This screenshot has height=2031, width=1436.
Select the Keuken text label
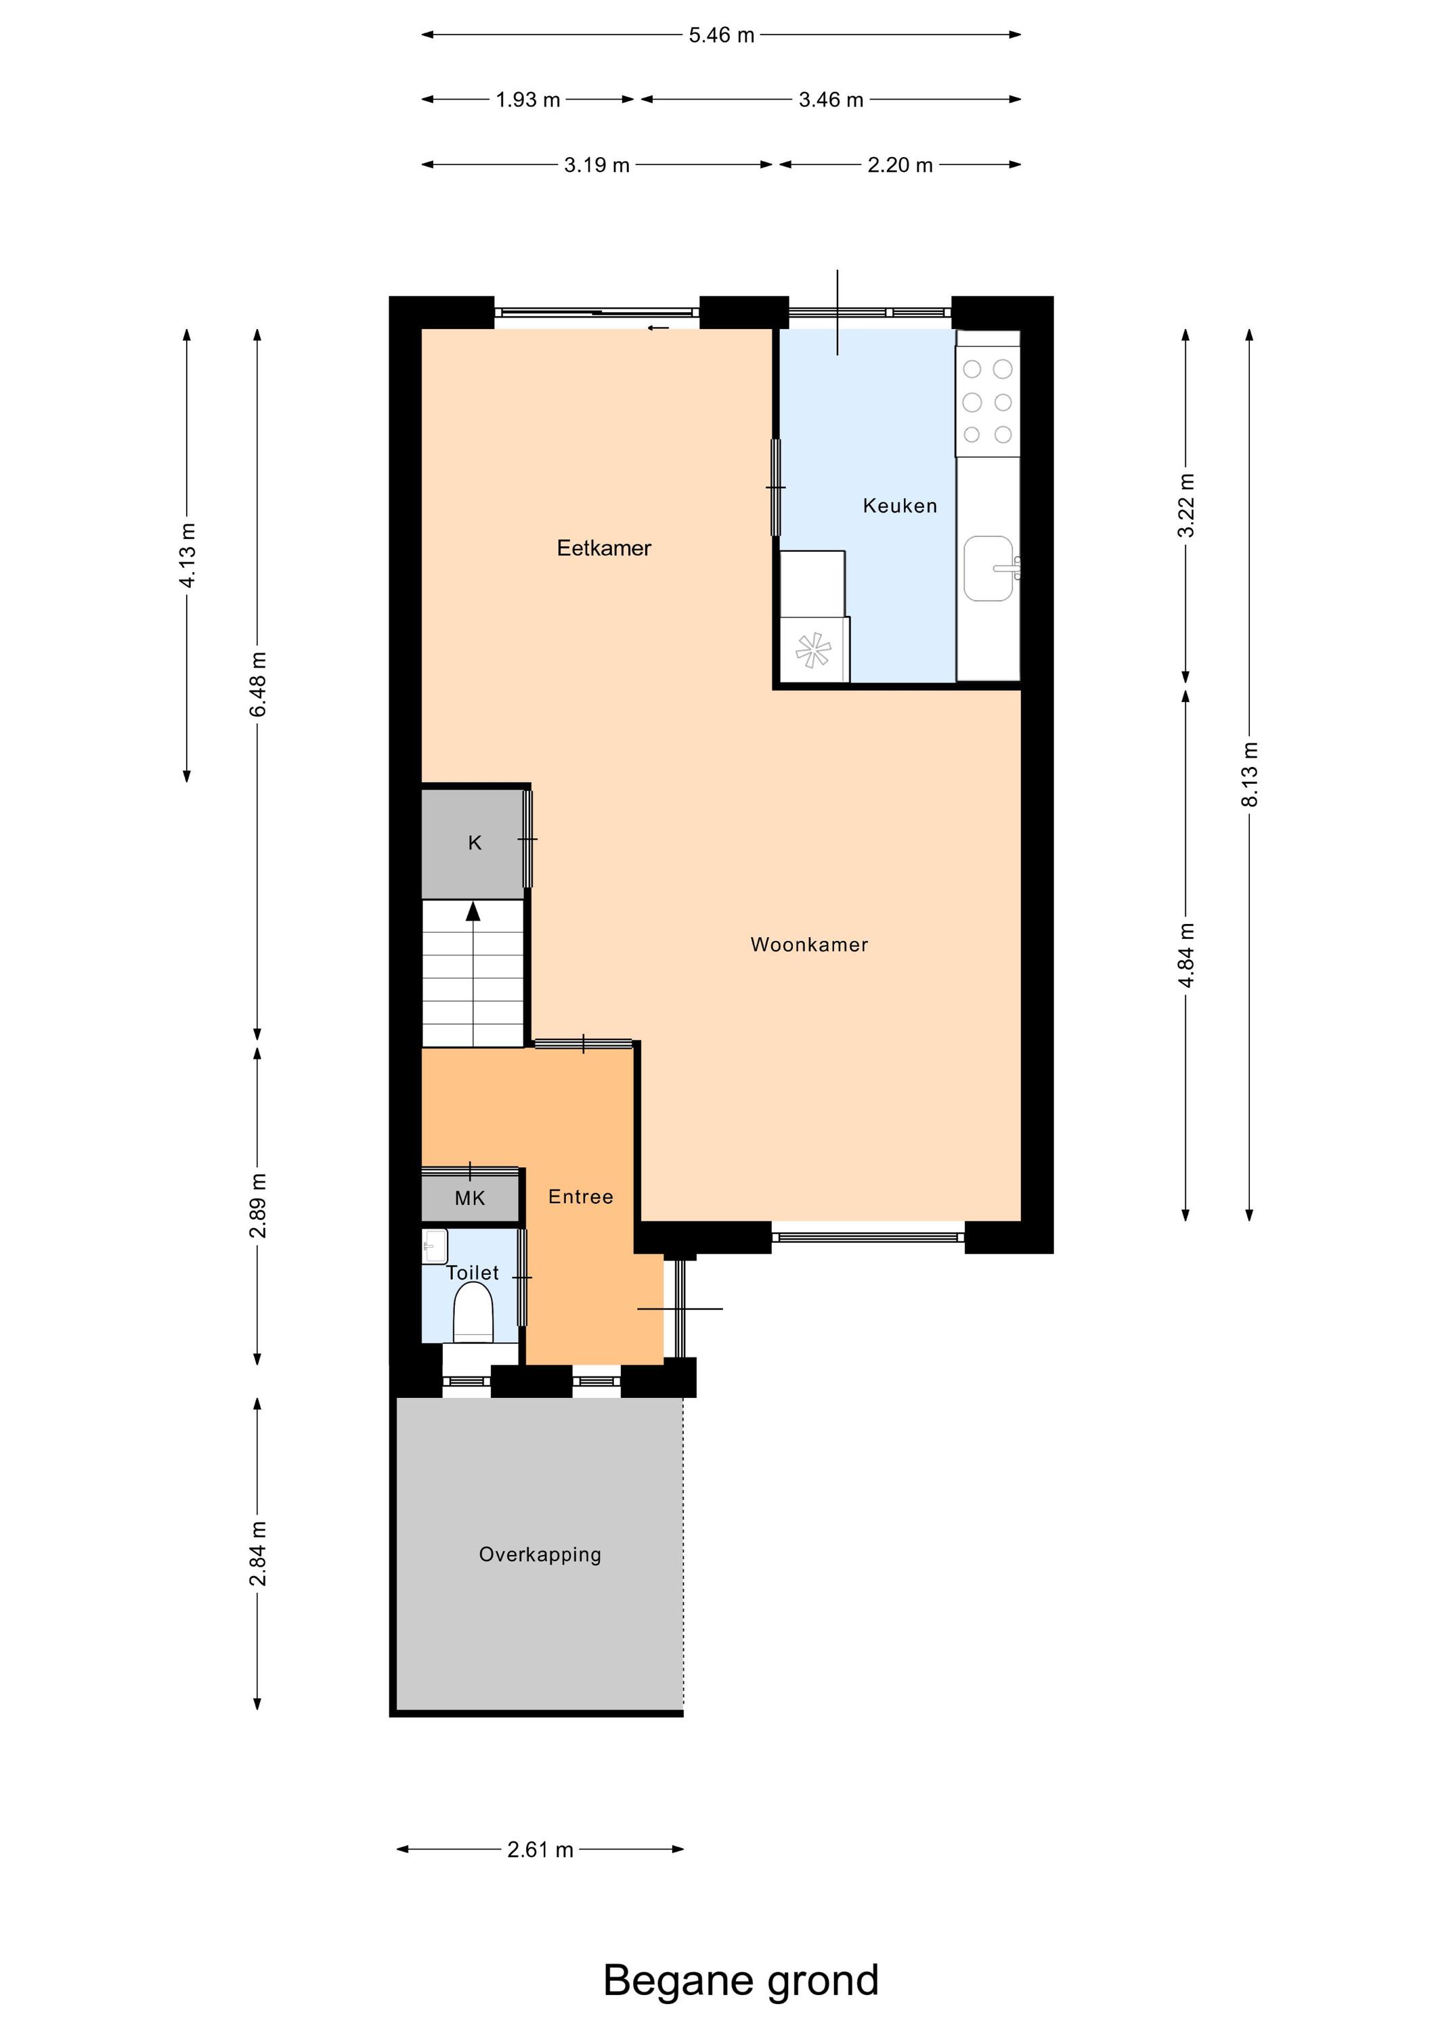[900, 506]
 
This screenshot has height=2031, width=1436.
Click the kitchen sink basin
[988, 568]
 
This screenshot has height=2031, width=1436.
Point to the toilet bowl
[473, 1313]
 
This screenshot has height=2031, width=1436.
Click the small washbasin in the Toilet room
[435, 1246]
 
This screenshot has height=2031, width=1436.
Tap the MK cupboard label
[470, 1198]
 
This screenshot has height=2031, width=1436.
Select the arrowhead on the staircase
[473, 911]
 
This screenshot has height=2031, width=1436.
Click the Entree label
[580, 1197]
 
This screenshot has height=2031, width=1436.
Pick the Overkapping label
[540, 1554]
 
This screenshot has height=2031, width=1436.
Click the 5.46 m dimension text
[721, 35]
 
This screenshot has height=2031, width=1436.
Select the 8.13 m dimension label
[1249, 774]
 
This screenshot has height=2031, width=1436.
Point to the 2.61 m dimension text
[540, 1850]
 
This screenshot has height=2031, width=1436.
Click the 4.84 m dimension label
[1186, 955]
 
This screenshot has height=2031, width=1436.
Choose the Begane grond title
[741, 1981]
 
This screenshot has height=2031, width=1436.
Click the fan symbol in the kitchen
[813, 650]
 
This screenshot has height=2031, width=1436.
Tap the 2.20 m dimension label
[900, 165]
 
